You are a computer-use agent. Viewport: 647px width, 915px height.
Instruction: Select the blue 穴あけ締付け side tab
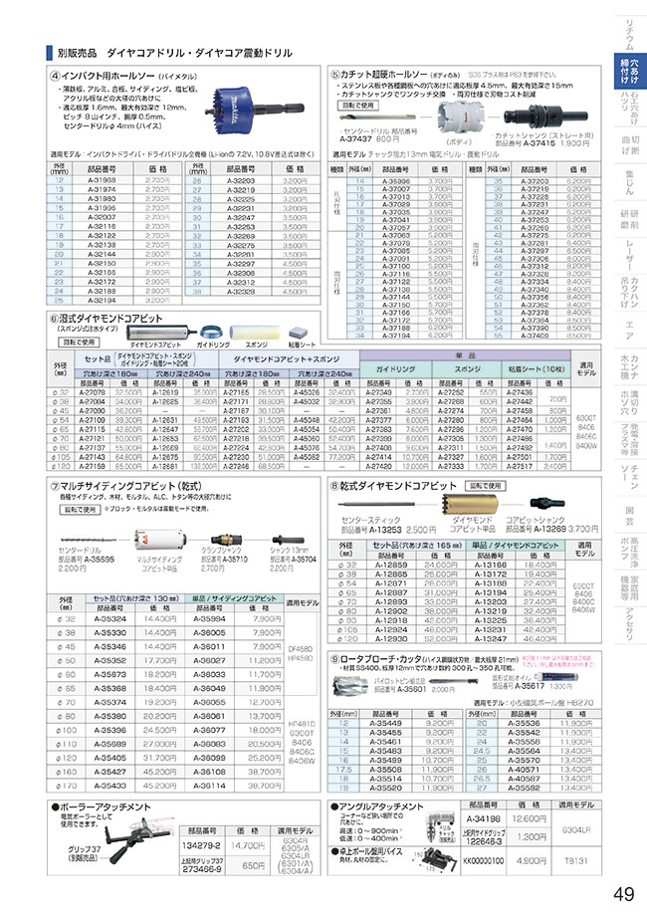(629, 72)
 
